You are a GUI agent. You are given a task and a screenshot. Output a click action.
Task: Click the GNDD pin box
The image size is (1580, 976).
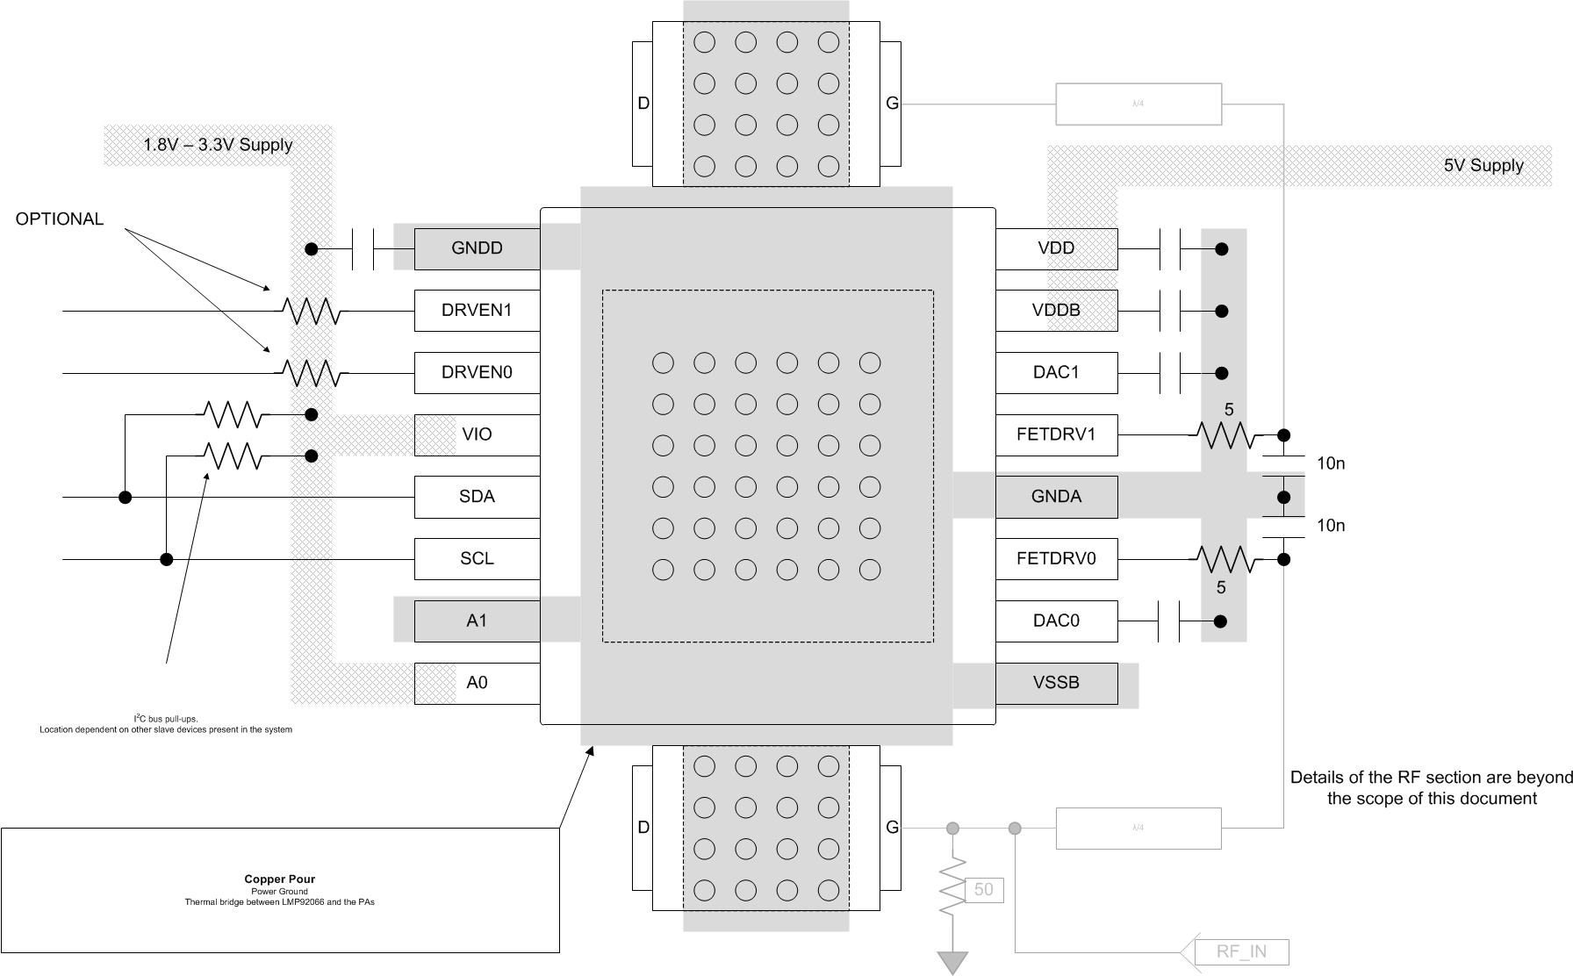click(x=477, y=248)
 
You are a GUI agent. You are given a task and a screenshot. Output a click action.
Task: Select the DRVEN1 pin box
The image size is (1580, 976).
click(x=477, y=311)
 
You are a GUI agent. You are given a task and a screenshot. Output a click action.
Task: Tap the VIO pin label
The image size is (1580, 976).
click(x=477, y=434)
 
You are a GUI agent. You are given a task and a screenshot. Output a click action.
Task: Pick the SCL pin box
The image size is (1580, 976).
click(x=477, y=558)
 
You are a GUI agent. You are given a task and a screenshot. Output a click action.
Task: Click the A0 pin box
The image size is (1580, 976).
click(x=477, y=683)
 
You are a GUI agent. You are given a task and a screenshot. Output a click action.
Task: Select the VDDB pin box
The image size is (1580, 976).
click(x=1056, y=311)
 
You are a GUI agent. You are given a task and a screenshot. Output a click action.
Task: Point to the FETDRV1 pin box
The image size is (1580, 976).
click(x=1056, y=434)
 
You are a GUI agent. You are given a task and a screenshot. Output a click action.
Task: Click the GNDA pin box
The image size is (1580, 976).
click(x=1056, y=497)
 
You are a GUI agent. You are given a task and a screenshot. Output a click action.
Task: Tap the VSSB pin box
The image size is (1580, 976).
click(x=1056, y=683)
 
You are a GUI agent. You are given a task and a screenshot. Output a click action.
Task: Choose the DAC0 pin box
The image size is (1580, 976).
click(x=1056, y=621)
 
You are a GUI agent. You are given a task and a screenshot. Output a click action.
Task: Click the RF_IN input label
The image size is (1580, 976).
click(x=1241, y=952)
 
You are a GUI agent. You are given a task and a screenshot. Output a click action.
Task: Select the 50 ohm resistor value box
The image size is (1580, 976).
click(x=983, y=890)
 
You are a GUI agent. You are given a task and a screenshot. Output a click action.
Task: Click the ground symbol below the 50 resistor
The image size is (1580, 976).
click(x=952, y=962)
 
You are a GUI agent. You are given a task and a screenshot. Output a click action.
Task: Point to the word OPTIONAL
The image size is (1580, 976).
click(x=60, y=219)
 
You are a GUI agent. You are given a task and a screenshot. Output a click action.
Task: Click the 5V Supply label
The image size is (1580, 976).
click(x=1483, y=166)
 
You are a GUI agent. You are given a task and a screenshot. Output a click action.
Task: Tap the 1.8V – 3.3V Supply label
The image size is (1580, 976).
click(x=218, y=145)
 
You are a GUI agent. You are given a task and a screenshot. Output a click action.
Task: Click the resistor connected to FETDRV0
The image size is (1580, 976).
click(x=1222, y=558)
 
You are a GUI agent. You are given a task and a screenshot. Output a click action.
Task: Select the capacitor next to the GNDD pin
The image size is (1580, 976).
click(x=362, y=249)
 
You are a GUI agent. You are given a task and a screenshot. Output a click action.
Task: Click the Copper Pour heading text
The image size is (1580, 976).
click(x=279, y=879)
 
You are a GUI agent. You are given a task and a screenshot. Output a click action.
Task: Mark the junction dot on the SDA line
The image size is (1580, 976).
click(x=126, y=498)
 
